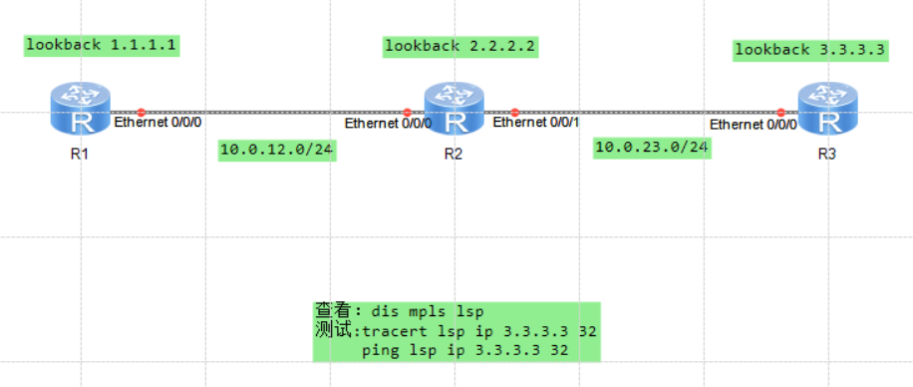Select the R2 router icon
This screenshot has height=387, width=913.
coord(455,109)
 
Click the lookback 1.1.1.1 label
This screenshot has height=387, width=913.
coord(103,45)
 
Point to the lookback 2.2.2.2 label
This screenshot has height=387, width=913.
coord(460,46)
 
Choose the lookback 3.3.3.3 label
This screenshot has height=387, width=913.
coord(809,49)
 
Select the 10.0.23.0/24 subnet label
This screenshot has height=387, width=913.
coord(652,148)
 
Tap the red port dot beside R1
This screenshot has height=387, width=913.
coord(142,112)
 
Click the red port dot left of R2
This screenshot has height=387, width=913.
coord(407,112)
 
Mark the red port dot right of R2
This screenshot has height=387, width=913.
coord(514,112)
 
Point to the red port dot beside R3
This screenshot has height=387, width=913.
coord(781,112)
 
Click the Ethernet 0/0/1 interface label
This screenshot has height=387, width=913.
coord(535,123)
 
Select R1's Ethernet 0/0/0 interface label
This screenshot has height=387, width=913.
coord(158,123)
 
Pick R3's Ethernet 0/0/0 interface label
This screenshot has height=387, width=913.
coord(753,125)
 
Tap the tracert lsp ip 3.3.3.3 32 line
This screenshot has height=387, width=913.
coord(480,331)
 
